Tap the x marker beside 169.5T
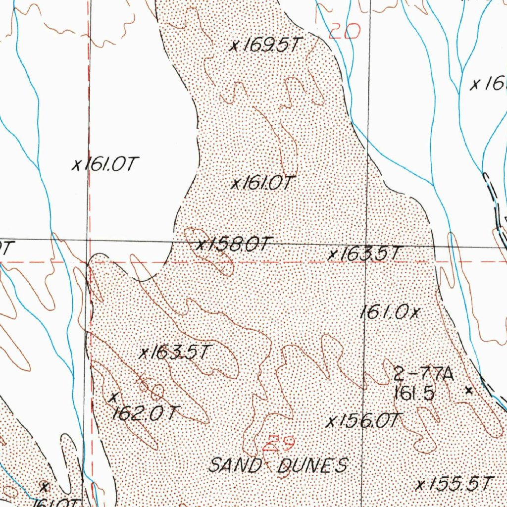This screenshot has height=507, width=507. click(x=235, y=47)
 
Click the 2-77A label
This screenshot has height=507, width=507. click(x=423, y=374)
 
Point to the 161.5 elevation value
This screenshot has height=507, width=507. click(x=414, y=394)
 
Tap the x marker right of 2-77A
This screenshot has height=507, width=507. click(x=469, y=390)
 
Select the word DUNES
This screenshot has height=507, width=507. click(x=313, y=465)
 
